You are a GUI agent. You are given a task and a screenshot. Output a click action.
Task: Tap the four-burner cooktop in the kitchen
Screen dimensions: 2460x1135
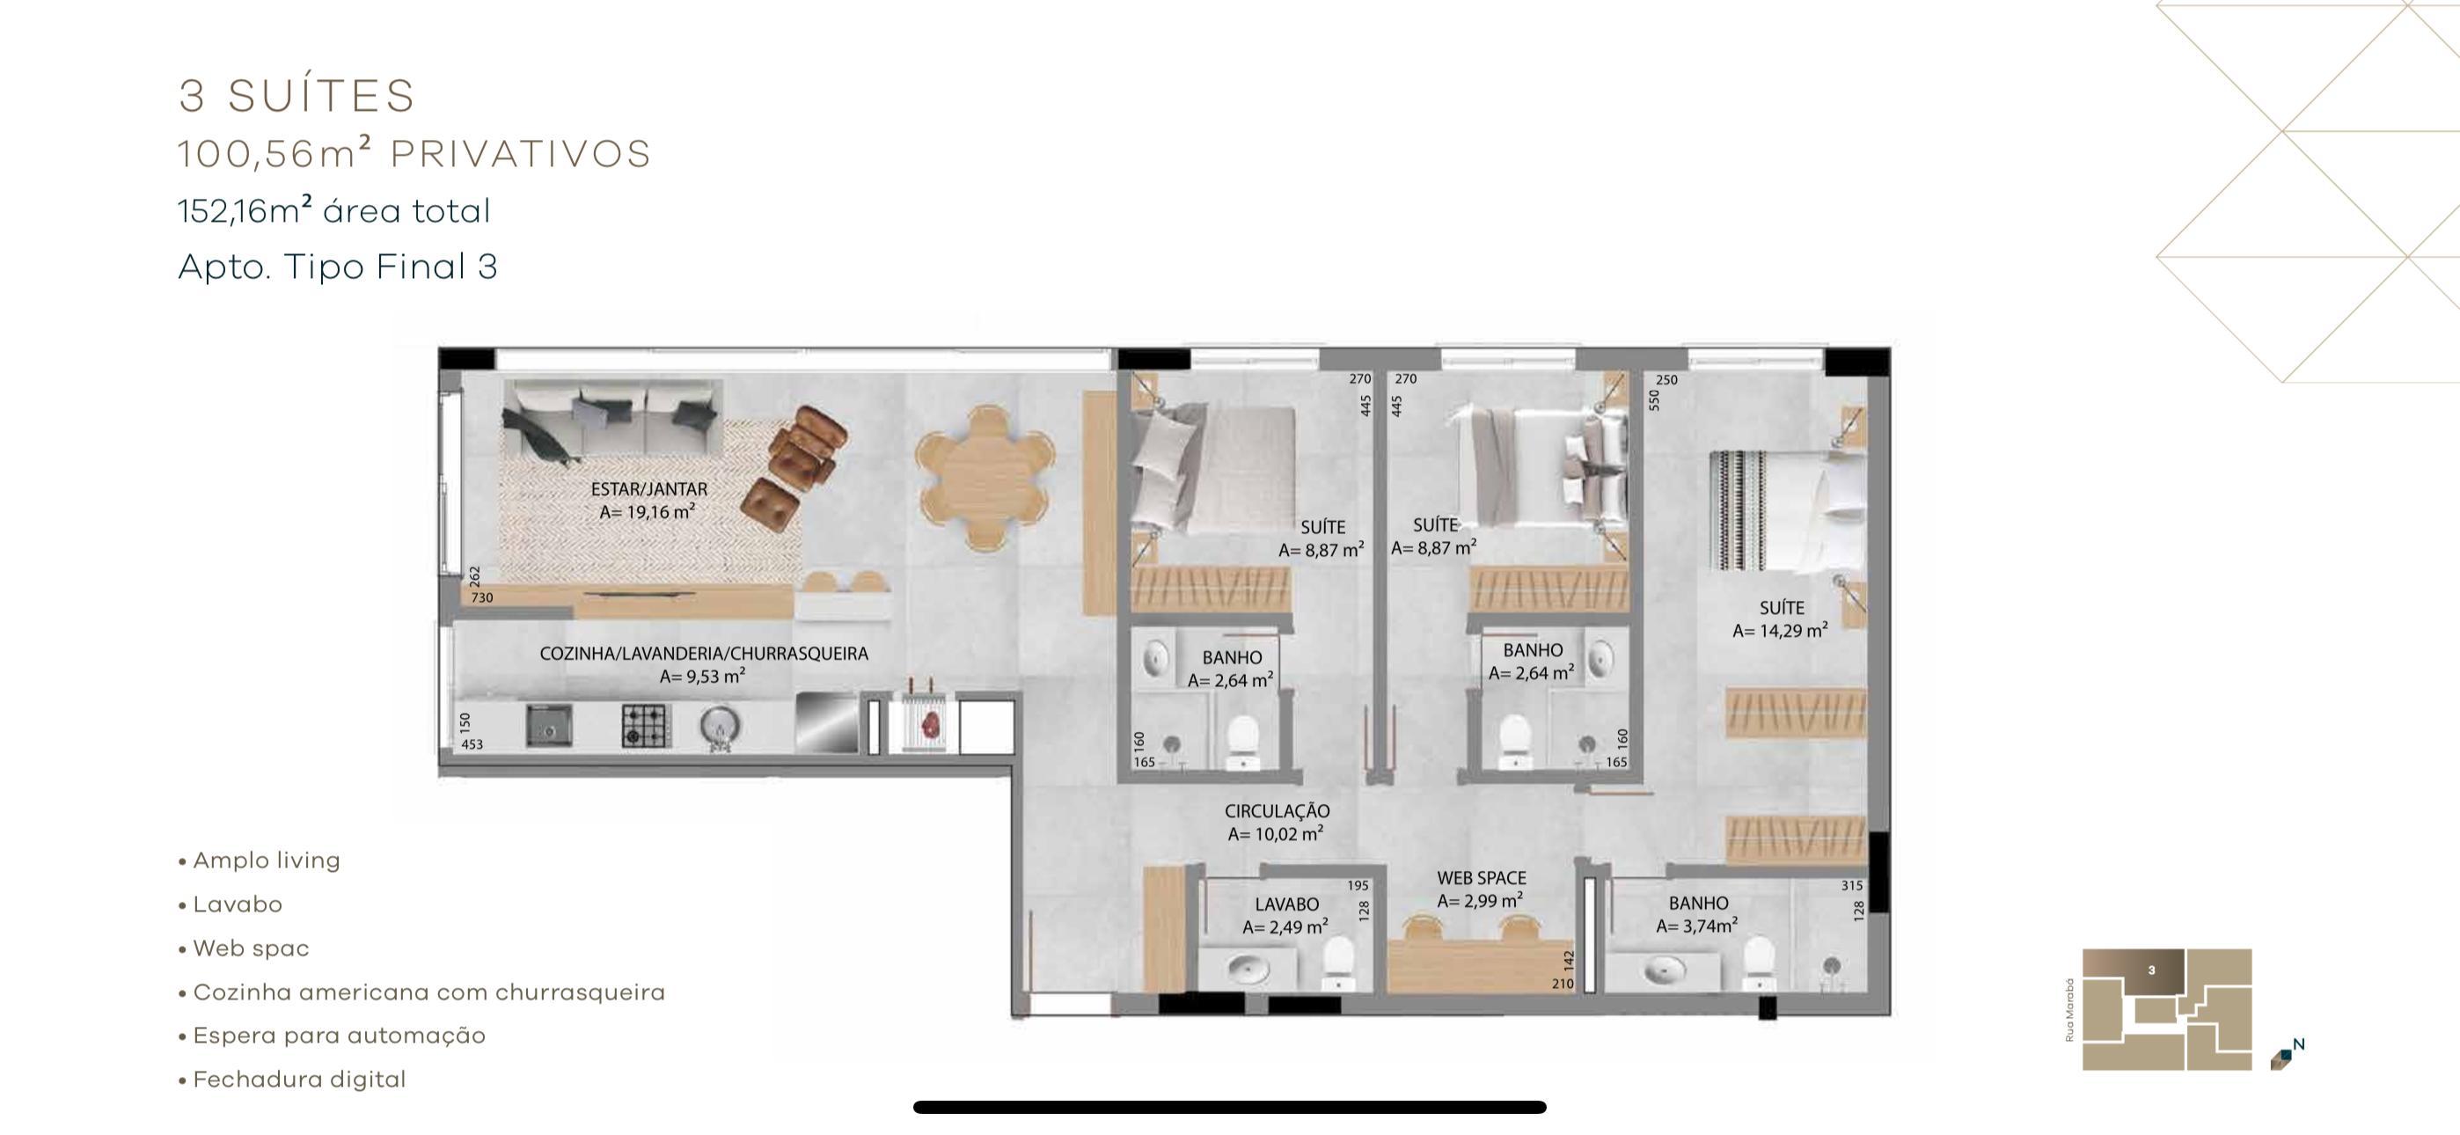[646, 725]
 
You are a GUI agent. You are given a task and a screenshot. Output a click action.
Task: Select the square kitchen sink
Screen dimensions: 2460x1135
[549, 726]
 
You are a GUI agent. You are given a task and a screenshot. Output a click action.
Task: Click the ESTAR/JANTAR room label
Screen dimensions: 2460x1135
[648, 489]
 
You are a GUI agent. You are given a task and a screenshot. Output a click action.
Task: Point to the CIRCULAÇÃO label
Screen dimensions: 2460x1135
[1277, 811]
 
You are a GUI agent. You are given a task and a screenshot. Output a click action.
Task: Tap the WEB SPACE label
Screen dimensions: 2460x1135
[1481, 878]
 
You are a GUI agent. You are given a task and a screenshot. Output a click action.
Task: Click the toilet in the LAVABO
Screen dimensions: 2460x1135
[1339, 961]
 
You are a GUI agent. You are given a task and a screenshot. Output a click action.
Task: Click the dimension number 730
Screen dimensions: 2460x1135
[482, 598]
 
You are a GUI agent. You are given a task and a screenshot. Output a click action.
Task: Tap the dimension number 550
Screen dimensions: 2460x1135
[1654, 399]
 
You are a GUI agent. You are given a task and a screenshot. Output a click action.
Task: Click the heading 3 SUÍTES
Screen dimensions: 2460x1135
[297, 96]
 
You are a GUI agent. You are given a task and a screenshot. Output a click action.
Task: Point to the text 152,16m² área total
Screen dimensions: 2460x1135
[334, 210]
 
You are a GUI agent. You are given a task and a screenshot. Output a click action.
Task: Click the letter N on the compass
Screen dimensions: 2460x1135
[2299, 1044]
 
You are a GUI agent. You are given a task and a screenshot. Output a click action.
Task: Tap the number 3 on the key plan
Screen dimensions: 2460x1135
[2151, 970]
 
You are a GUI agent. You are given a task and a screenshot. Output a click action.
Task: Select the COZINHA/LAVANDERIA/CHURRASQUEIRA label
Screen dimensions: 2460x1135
[704, 655]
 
